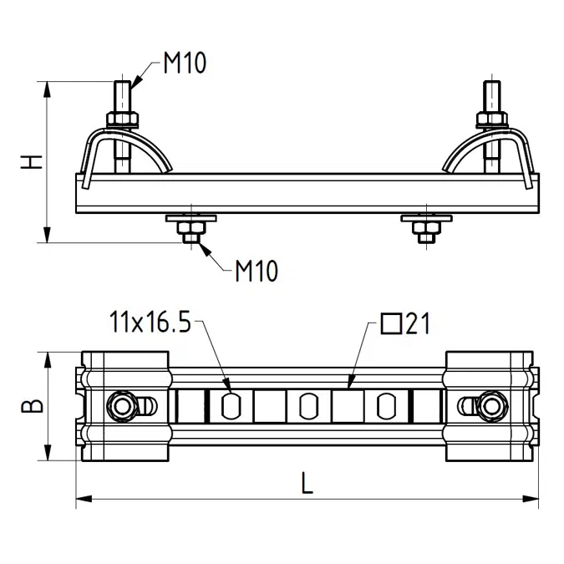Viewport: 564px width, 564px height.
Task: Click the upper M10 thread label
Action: pyautogui.click(x=185, y=63)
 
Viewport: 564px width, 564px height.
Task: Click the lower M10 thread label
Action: pyautogui.click(x=257, y=271)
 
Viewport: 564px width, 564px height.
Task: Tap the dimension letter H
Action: pyautogui.click(x=32, y=162)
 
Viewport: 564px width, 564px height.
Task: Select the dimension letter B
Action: pyautogui.click(x=32, y=405)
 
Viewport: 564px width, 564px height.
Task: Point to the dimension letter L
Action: pyautogui.click(x=307, y=483)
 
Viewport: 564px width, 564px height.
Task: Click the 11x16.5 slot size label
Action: pyautogui.click(x=150, y=322)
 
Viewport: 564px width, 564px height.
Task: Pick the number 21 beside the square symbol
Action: pyautogui.click(x=418, y=323)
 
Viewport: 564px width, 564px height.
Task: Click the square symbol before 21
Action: pyautogui.click(x=391, y=323)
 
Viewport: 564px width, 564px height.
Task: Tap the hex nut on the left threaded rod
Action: pyautogui.click(x=122, y=119)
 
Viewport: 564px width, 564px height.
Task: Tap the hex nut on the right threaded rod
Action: pyautogui.click(x=492, y=119)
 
